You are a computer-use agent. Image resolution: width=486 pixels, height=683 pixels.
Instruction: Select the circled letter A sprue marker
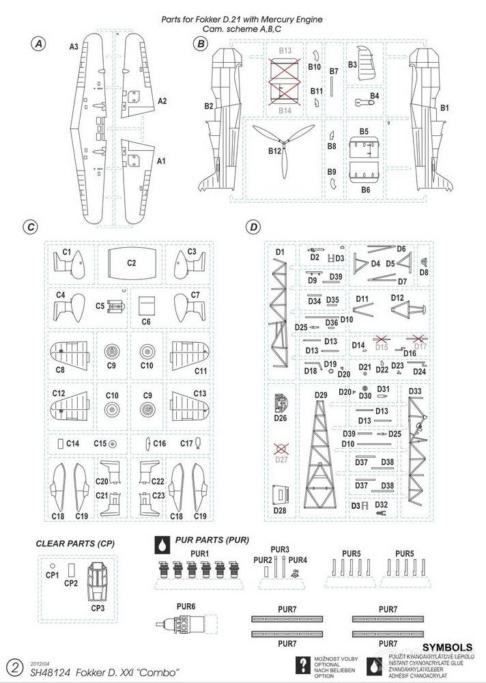tap(38, 44)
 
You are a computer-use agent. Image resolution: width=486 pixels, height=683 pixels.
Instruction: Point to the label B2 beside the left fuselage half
tap(209, 106)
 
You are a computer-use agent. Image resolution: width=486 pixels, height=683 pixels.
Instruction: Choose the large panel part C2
tap(132, 262)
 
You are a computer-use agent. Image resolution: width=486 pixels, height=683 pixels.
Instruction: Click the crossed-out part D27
tap(279, 449)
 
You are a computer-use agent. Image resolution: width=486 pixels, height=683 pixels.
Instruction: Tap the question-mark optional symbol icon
tap(300, 665)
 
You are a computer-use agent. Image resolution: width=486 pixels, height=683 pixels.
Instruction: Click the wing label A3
tap(74, 46)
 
